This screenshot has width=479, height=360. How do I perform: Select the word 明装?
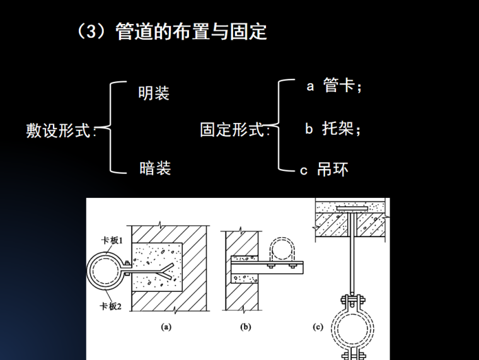154,93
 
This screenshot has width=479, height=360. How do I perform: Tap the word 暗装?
155,168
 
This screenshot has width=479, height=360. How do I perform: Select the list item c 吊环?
324,170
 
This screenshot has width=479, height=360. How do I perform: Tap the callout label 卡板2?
110,306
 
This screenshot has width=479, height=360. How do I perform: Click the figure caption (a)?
166,327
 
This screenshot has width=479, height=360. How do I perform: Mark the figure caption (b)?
246,327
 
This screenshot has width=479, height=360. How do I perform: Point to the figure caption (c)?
318,327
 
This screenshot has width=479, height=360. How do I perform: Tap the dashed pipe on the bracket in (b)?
285,250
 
